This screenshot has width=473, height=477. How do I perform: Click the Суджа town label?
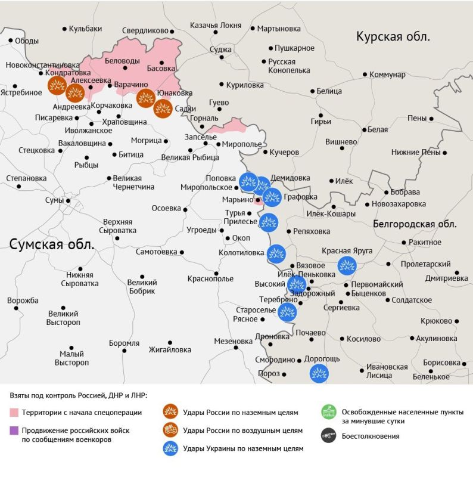[221, 49]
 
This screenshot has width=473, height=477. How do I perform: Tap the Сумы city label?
[54, 200]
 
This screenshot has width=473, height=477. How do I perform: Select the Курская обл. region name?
[393, 37]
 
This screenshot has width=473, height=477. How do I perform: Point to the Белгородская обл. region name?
[415, 225]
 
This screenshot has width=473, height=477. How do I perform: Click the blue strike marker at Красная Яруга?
[347, 265]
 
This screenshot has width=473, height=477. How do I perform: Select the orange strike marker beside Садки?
[163, 109]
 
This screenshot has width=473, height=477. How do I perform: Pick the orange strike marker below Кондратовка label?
[57, 86]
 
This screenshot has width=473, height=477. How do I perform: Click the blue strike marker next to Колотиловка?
[276, 254]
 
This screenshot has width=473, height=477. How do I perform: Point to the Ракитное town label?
[425, 243]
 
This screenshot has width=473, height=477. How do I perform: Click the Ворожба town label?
[23, 300]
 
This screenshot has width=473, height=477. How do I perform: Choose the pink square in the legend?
[14, 413]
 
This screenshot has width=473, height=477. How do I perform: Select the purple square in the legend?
[14, 430]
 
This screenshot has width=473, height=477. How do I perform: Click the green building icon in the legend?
[328, 411]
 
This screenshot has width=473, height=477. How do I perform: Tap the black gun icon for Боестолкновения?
[328, 435]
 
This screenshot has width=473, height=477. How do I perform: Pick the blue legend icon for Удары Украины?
[170, 448]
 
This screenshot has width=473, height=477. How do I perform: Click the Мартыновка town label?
[279, 28]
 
